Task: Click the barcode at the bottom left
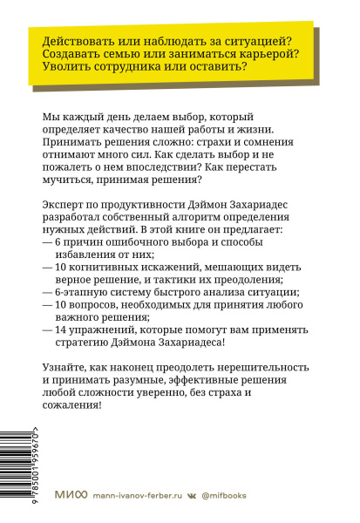click(15, 475)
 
